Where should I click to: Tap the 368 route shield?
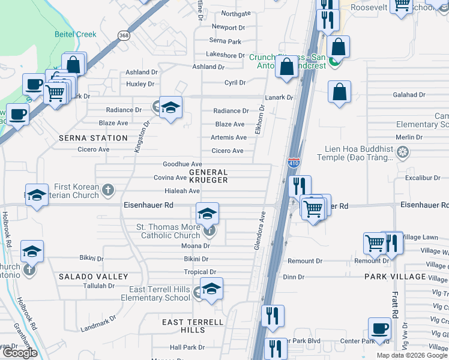[123, 35]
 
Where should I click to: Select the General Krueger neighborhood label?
[208, 176]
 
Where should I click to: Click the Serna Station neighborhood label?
[93, 138]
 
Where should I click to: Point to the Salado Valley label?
[93, 277]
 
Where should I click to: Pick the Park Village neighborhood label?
[394, 277]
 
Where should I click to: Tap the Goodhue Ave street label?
[182, 164]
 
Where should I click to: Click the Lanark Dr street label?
[280, 97]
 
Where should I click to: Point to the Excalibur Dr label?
[423, 178]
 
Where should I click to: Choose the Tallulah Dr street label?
[99, 286]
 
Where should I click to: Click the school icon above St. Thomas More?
[207, 213]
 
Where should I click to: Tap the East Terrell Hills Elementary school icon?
[211, 289]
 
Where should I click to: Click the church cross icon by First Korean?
[108, 191]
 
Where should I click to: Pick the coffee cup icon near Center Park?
[380, 329]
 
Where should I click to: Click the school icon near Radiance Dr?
[171, 107]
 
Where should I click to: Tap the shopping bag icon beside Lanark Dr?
[339, 92]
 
